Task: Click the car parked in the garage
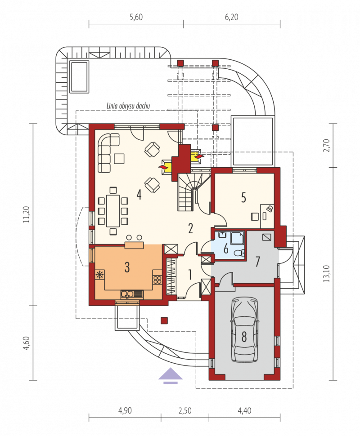244,329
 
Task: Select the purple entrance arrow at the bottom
171,376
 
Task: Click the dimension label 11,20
26,214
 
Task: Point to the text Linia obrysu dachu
128,106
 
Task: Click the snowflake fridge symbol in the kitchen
99,275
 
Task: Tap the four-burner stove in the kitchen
157,280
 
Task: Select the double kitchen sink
132,294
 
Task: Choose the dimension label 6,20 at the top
232,17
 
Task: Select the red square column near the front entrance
164,320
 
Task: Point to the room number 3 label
127,267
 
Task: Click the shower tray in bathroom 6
237,238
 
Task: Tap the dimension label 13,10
327,274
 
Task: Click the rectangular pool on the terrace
80,76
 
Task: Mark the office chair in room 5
255,216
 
